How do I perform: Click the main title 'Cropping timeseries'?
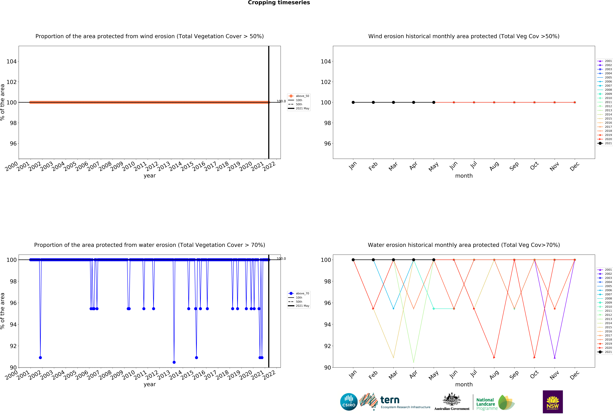point(279,3)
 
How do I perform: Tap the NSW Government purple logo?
point(553,402)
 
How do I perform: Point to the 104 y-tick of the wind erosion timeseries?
point(11,61)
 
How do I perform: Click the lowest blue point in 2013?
point(174,362)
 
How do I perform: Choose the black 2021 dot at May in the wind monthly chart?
point(434,102)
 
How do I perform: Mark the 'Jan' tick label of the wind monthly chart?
point(353,166)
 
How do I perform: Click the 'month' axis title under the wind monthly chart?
point(464,176)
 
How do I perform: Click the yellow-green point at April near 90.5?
point(413,362)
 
